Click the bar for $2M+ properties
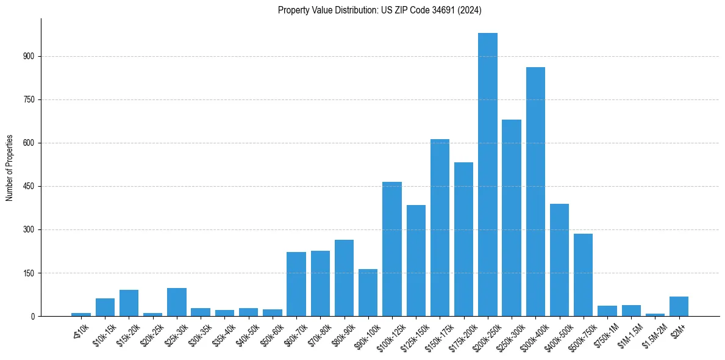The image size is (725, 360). click(x=679, y=306)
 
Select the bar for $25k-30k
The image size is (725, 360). click(x=177, y=302)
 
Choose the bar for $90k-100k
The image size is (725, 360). click(x=368, y=293)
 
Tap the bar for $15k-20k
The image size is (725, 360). click(x=129, y=303)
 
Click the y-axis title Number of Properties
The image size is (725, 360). click(x=10, y=167)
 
